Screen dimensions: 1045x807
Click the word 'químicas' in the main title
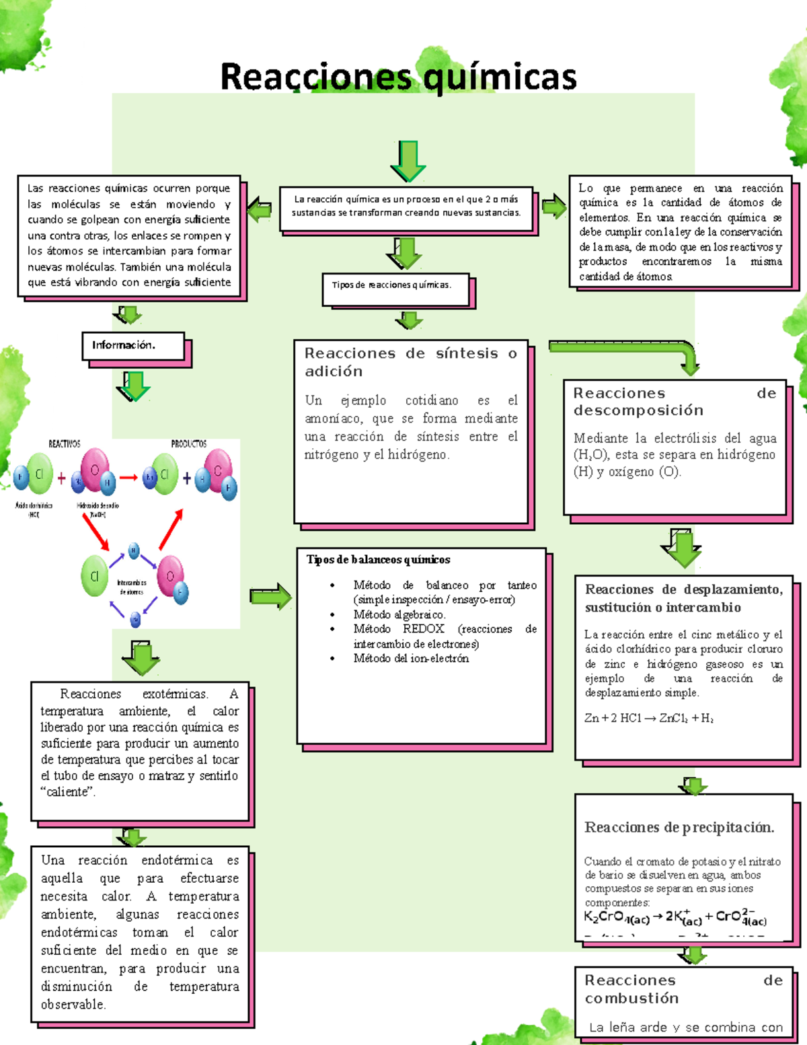coord(500,77)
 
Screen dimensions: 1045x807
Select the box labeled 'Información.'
coord(132,345)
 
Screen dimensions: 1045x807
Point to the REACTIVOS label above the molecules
coord(65,444)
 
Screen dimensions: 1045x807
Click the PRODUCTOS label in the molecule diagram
coord(188,444)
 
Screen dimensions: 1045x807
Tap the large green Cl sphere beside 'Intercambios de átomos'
coord(95,576)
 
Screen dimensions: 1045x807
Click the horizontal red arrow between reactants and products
coord(128,478)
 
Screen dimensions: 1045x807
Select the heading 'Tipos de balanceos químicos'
coord(378,560)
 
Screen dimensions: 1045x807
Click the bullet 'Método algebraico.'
coord(399,614)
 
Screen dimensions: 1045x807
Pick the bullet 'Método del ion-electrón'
coord(411,658)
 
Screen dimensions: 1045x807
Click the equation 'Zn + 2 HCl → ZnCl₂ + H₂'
coord(649,718)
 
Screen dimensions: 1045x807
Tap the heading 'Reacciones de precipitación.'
coord(679,827)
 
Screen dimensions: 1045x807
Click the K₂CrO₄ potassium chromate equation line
coord(675,917)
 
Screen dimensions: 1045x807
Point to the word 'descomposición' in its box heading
coord(638,410)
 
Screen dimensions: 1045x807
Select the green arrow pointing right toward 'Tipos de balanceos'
coord(270,596)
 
